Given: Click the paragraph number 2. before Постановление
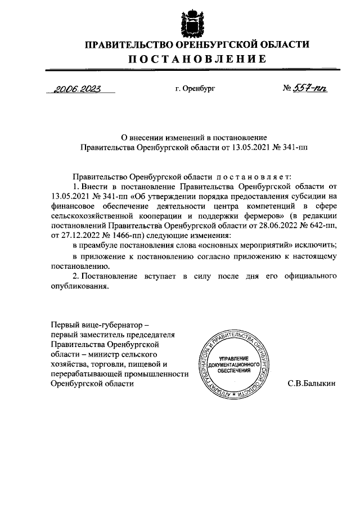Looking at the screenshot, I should point(76,276).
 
